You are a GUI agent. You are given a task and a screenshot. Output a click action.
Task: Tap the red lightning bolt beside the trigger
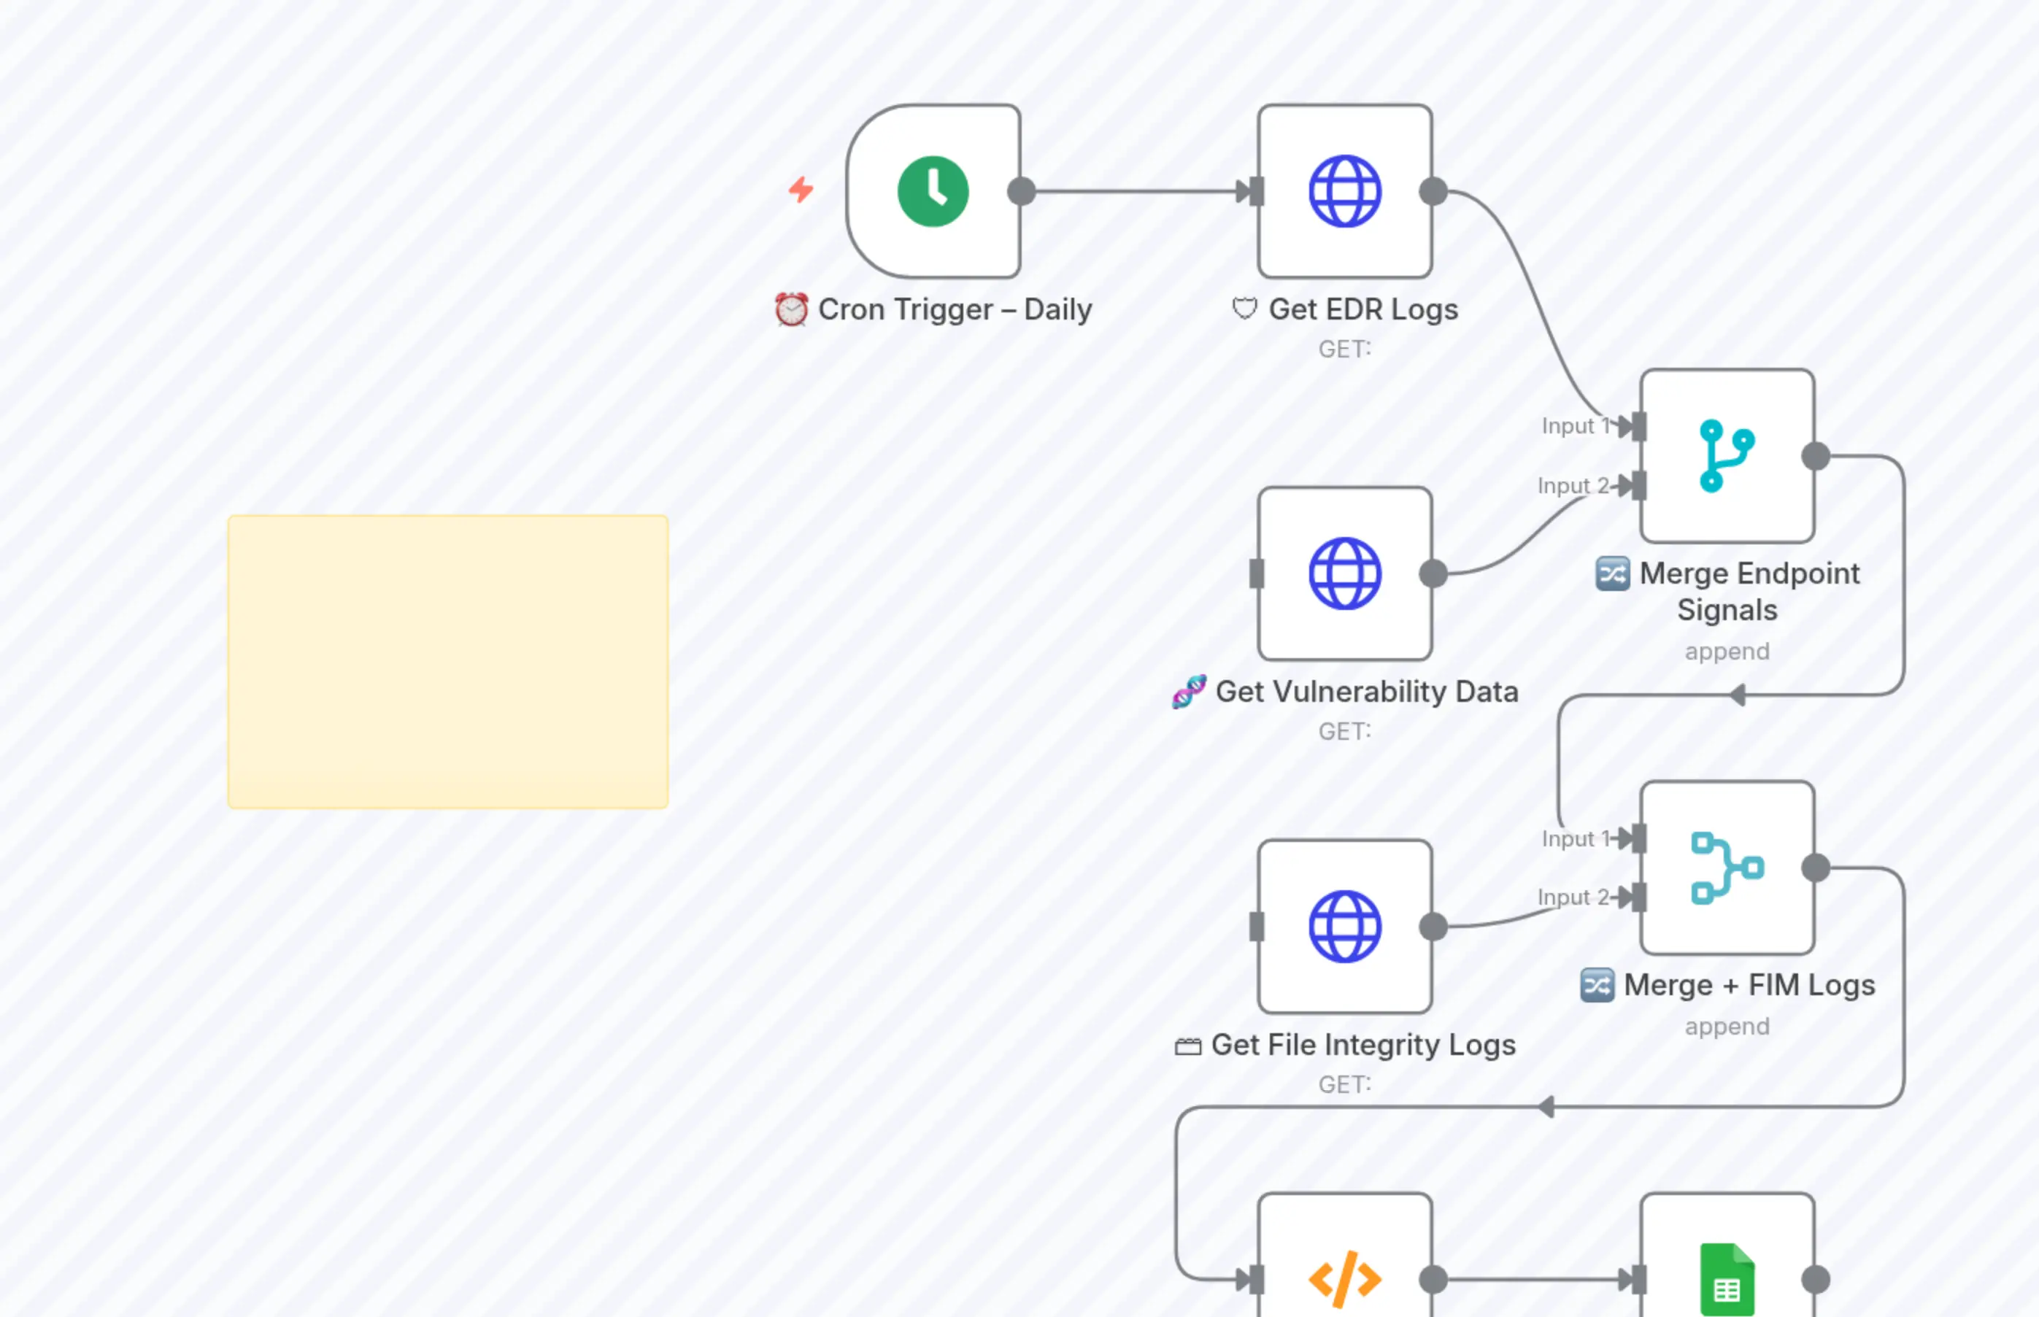pyautogui.click(x=801, y=189)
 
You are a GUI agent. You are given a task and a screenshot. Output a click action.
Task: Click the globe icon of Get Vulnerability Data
pyautogui.click(x=1344, y=573)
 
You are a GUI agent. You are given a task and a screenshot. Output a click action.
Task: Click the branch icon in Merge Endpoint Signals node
pyautogui.click(x=1727, y=456)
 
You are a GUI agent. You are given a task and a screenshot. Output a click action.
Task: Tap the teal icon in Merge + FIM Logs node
pyautogui.click(x=1727, y=867)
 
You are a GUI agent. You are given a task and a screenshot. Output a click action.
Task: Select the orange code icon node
pyautogui.click(x=1344, y=1278)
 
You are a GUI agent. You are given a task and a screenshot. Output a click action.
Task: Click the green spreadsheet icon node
pyautogui.click(x=1727, y=1278)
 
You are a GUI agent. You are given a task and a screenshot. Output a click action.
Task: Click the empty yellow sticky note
pyautogui.click(x=447, y=661)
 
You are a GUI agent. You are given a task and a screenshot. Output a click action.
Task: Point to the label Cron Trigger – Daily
pyautogui.click(x=955, y=309)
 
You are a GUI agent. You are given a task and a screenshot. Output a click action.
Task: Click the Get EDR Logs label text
pyautogui.click(x=1362, y=309)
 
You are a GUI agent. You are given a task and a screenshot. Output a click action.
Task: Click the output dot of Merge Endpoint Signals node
pyautogui.click(x=1815, y=456)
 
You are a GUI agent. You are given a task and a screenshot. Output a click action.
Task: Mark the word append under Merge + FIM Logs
pyautogui.click(x=1727, y=1026)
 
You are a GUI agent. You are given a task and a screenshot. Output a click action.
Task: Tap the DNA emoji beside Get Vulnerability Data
pyautogui.click(x=1189, y=691)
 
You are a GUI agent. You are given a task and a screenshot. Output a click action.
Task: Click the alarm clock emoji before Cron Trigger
pyautogui.click(x=791, y=309)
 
